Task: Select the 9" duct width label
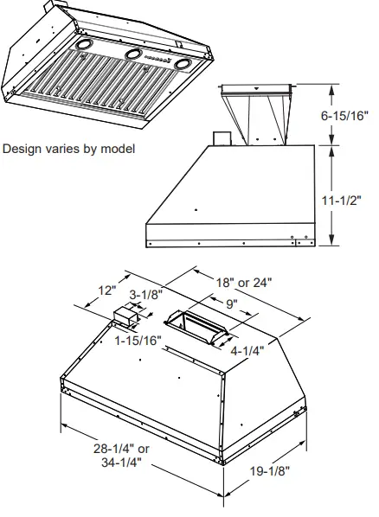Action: tap(231, 303)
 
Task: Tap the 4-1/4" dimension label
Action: tap(247, 350)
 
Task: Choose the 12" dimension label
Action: tap(106, 290)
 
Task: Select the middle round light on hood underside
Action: tap(133, 54)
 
